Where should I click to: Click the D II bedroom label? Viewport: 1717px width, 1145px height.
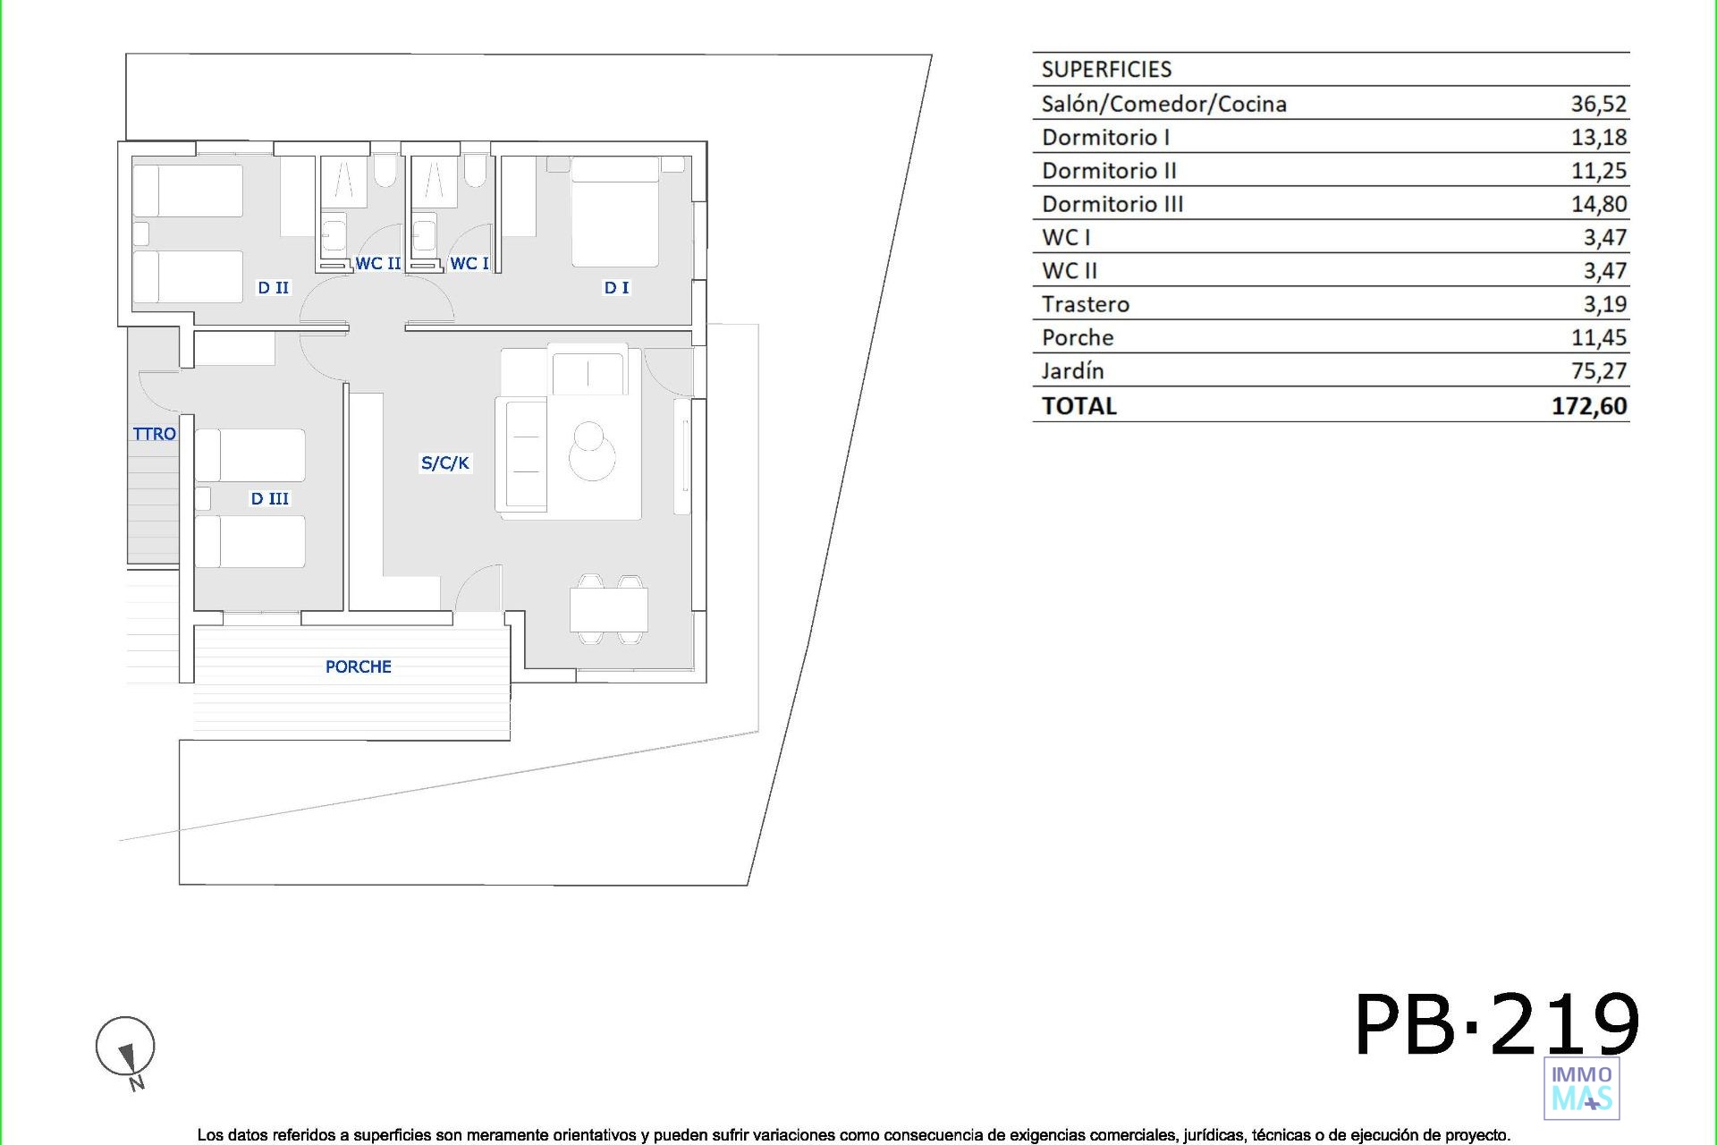coord(273,287)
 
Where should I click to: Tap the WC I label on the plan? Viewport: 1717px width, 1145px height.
coord(469,263)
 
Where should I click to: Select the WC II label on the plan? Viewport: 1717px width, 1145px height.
coord(377,263)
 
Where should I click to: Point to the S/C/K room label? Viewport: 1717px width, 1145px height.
coord(444,462)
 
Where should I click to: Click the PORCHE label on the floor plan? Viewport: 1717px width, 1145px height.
coord(358,666)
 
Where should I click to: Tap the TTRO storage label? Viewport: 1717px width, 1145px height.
coord(154,434)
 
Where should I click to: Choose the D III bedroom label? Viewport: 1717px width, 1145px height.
coord(269,498)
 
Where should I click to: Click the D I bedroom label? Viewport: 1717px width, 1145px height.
coord(616,287)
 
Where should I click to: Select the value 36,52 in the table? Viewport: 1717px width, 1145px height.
coord(1598,104)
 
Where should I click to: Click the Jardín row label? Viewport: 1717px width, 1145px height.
coord(1072,370)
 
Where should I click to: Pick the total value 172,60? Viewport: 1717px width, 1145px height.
coord(1589,406)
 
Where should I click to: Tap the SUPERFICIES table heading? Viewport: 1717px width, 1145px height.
coord(1106,69)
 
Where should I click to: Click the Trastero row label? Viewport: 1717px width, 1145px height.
coord(1086,304)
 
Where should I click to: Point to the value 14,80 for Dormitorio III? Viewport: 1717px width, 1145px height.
coord(1598,204)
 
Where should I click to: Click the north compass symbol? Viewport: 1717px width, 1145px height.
coord(125,1050)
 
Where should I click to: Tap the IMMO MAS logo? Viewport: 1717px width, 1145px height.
coord(1582,1089)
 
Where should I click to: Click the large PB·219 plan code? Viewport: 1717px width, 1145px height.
coord(1497,1025)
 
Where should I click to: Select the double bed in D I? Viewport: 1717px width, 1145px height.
coord(614,212)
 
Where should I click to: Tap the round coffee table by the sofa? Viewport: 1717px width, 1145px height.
coord(591,452)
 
